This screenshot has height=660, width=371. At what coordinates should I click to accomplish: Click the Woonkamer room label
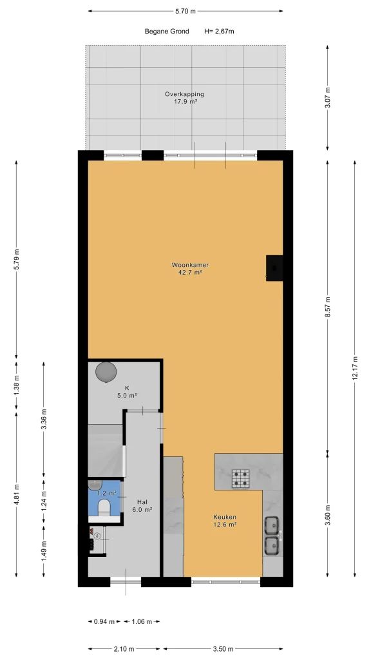190,265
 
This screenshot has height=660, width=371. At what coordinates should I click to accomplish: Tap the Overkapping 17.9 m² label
184,98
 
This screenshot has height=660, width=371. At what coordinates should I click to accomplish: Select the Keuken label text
225,517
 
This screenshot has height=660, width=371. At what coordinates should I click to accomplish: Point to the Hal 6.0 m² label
142,505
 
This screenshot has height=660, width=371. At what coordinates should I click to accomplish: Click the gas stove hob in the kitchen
240,478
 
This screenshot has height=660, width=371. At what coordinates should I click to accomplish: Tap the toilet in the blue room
103,507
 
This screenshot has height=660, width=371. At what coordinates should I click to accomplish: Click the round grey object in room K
106,372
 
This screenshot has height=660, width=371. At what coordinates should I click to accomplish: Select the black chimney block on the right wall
274,268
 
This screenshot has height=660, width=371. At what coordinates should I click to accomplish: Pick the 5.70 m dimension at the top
185,12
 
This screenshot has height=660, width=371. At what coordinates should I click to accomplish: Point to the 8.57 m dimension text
328,307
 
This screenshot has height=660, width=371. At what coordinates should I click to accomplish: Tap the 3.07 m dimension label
328,97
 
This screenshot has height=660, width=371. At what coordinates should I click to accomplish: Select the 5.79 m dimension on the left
17,260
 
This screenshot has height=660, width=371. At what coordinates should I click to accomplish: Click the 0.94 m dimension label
104,621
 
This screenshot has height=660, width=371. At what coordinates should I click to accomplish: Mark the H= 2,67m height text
219,31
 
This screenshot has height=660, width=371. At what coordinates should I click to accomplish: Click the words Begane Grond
167,31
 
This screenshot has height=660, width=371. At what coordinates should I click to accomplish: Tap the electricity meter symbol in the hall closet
98,536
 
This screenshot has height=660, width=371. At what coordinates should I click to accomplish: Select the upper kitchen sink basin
272,525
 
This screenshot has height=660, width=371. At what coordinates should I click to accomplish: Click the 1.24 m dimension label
44,503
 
